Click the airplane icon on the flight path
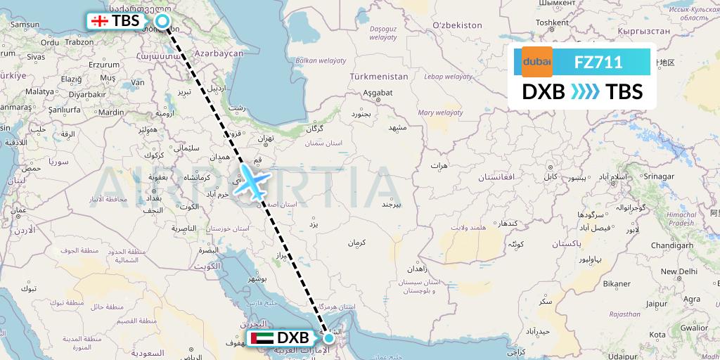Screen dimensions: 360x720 coord(251,181)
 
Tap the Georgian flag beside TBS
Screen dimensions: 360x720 coord(99,21)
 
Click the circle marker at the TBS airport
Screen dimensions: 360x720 coord(162,22)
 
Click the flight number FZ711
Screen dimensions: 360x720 coord(598,62)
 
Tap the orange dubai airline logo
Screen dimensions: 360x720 coord(536,62)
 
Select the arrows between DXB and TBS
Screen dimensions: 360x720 coord(585,92)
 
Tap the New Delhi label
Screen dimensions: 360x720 coord(678,271)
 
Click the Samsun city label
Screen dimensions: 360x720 coord(24,25)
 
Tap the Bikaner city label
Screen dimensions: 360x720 coord(616,283)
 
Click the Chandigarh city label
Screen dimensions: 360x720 coord(673,245)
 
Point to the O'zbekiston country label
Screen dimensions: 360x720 coord(457,25)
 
